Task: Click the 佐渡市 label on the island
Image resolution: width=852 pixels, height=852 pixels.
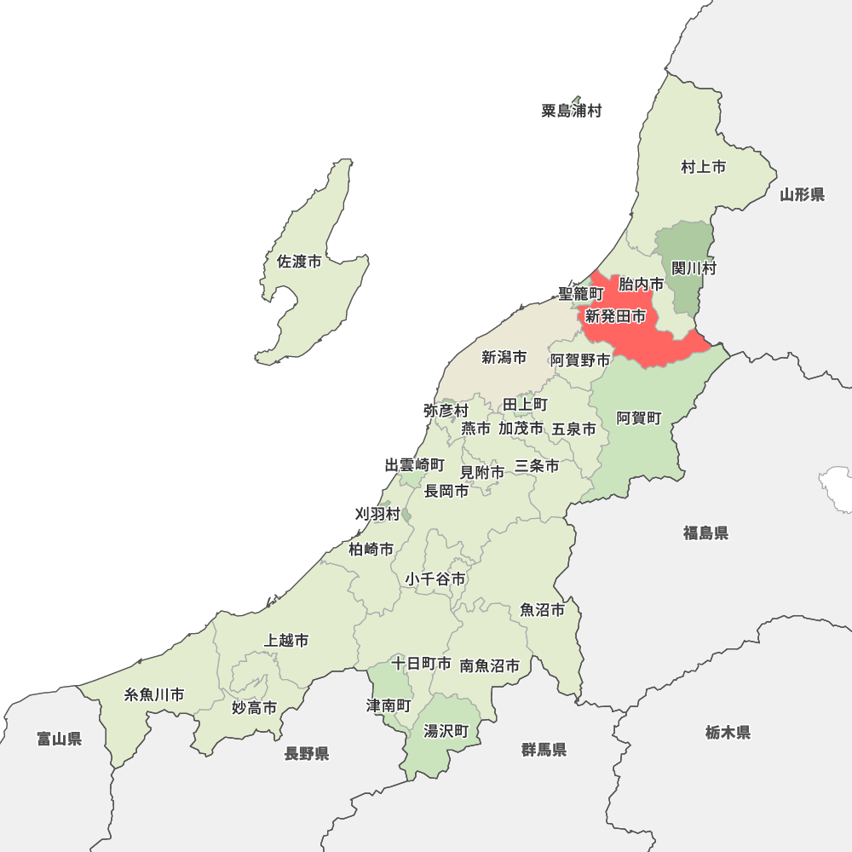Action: tap(299, 262)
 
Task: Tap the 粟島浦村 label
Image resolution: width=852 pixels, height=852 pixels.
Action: tap(571, 111)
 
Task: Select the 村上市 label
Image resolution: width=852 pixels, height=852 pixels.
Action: tap(703, 167)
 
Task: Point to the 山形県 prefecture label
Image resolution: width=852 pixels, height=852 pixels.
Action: tap(802, 195)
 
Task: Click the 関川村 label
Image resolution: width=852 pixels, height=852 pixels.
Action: tap(694, 268)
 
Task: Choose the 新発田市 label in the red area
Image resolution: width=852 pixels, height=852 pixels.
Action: tap(615, 316)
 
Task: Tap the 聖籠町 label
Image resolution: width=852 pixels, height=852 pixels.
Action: tap(580, 294)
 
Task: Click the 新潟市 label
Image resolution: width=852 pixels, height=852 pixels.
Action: tap(504, 358)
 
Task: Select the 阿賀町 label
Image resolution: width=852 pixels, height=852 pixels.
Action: tap(639, 417)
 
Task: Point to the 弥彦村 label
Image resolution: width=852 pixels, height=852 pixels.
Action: tap(446, 411)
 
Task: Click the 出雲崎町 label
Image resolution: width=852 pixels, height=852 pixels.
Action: tap(414, 465)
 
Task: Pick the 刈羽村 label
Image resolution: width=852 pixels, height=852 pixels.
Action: tap(377, 514)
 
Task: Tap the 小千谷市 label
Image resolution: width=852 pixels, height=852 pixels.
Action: tap(435, 579)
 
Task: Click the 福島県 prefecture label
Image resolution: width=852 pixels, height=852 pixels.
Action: tap(705, 533)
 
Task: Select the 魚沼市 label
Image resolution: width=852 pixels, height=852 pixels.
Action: tap(543, 610)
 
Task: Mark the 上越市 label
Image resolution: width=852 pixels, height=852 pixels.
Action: tap(287, 640)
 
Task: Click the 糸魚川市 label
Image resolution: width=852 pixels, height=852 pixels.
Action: tap(154, 694)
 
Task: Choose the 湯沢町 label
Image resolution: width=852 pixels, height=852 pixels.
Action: tap(446, 731)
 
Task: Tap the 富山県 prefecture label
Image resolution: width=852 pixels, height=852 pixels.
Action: tap(60, 739)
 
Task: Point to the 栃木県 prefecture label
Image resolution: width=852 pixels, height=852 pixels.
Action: tap(728, 732)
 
